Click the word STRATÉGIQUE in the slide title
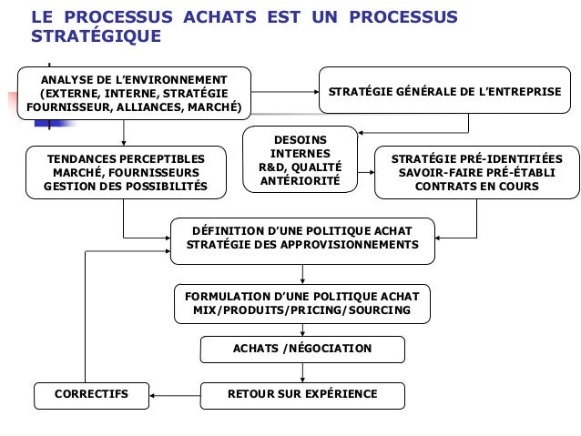point(96,38)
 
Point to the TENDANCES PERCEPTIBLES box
point(126,172)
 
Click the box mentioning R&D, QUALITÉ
point(301,160)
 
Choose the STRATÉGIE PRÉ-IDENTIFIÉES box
point(476,172)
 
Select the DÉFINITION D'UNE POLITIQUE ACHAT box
point(302,239)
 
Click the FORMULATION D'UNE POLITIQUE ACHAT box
point(302,304)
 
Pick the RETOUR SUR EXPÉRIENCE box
point(302,395)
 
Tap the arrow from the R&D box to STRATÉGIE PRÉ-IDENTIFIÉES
point(366,170)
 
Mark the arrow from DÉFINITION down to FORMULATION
point(301,274)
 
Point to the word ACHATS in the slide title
point(208,17)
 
